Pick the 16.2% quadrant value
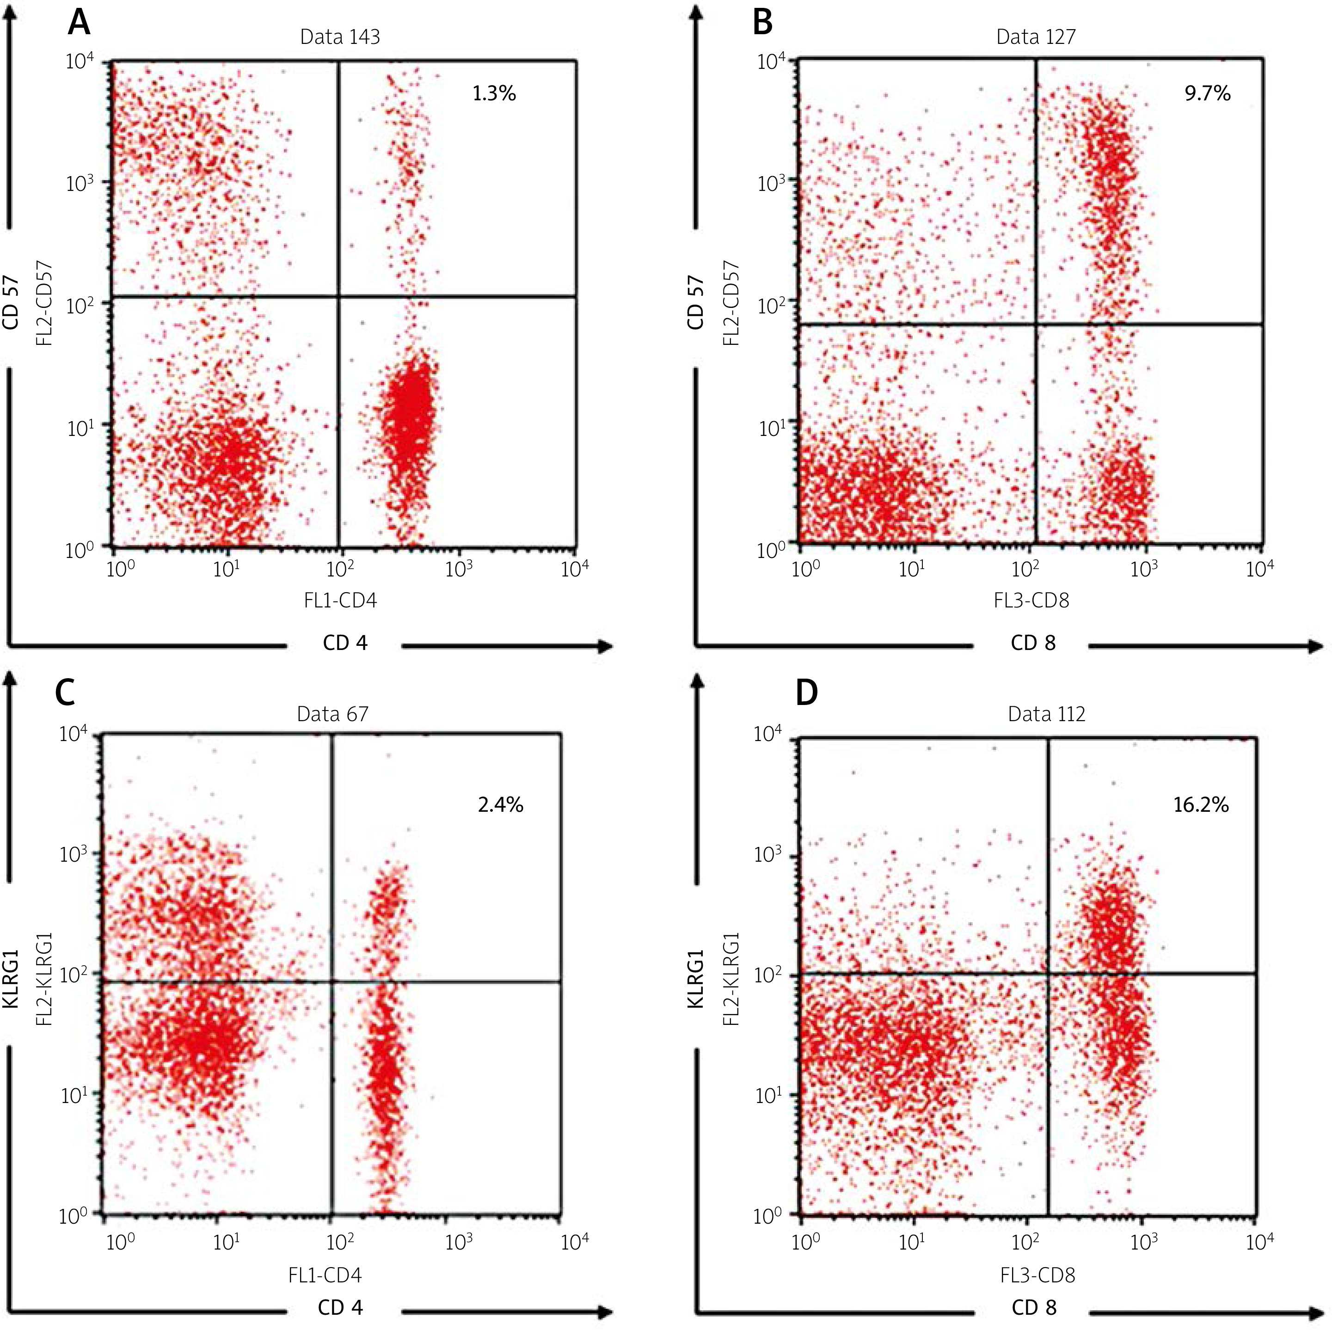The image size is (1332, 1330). point(1201,805)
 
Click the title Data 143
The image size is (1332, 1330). point(340,37)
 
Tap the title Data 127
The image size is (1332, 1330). point(1036,37)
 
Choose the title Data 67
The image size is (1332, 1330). point(332,714)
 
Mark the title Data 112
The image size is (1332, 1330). point(1047,714)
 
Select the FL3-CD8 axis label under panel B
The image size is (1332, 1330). point(1032,601)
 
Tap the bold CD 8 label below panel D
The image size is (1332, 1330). point(1033,1307)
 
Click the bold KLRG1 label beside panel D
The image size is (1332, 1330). point(696,968)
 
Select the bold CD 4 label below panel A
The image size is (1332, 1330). point(345,644)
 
